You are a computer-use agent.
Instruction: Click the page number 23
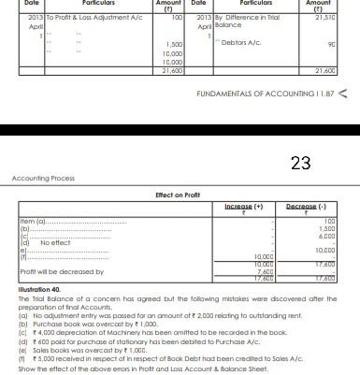[300, 164]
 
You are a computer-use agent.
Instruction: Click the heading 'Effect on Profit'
[179, 194]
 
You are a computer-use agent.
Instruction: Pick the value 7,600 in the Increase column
[265, 270]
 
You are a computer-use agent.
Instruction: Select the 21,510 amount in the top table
[324, 18]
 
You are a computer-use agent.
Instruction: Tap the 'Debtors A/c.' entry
[242, 42]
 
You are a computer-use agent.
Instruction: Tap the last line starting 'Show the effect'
[140, 368]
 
